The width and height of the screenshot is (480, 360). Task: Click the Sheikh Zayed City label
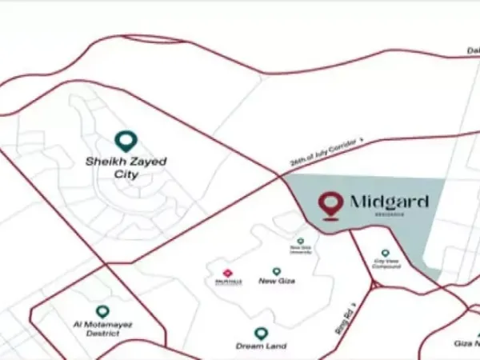click(x=126, y=166)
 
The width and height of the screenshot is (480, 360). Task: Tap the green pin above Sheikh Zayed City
click(x=126, y=142)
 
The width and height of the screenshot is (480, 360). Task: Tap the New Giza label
click(x=277, y=281)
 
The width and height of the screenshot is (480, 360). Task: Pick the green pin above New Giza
click(x=277, y=271)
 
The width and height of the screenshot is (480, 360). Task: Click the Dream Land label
click(x=261, y=346)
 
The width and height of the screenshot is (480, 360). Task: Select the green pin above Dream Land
click(x=261, y=333)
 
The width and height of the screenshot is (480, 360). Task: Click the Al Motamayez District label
click(x=102, y=330)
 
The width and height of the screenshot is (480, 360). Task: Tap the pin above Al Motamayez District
click(x=102, y=311)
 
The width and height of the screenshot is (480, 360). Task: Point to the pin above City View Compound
click(x=386, y=253)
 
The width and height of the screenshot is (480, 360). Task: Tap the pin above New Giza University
click(x=301, y=241)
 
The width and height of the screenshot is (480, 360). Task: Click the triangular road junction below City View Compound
click(x=374, y=285)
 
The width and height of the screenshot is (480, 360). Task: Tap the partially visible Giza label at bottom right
click(x=466, y=342)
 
